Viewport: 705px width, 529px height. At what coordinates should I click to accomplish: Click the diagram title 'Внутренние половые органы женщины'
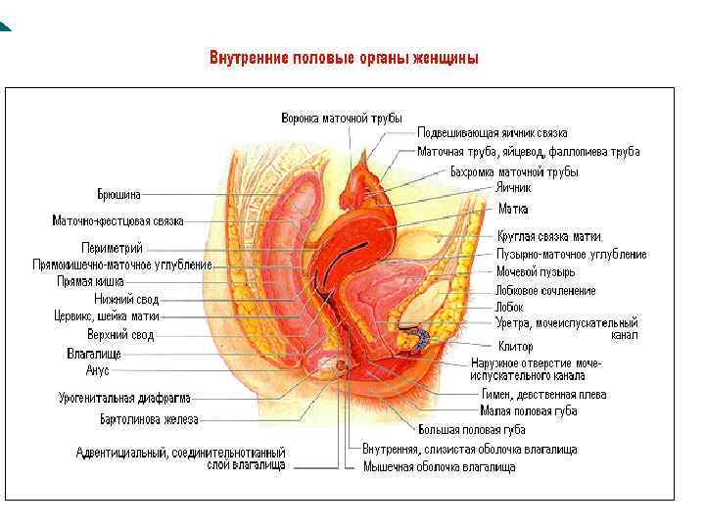coord(344,58)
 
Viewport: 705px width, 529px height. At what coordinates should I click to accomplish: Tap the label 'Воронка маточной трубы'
coord(342,118)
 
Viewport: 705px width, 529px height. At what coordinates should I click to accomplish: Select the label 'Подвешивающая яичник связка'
coord(492,133)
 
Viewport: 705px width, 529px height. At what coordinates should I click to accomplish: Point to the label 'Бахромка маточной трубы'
coord(513,172)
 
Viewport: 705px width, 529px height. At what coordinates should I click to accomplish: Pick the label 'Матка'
coord(513,209)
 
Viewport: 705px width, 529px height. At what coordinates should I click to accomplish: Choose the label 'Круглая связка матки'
coord(547,236)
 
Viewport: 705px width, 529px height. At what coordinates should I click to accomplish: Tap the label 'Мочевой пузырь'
coord(535,271)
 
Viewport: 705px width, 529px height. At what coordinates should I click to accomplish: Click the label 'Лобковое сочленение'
coord(545,291)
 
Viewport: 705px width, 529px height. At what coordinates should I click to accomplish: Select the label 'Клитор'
coord(514,347)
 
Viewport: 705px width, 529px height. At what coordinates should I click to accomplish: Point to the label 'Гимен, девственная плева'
coord(542,395)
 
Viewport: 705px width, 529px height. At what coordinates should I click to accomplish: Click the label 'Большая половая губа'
coord(471,430)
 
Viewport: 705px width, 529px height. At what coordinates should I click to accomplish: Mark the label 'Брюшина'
coord(118,194)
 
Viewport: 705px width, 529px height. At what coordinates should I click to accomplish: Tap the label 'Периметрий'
coord(112,247)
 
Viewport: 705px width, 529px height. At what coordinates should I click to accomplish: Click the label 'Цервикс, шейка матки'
coord(107,316)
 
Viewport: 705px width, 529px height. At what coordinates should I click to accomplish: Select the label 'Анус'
coord(98,370)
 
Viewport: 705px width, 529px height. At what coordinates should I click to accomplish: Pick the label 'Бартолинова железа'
coord(149,420)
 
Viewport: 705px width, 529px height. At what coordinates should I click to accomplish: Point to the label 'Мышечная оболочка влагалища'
coord(439,467)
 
